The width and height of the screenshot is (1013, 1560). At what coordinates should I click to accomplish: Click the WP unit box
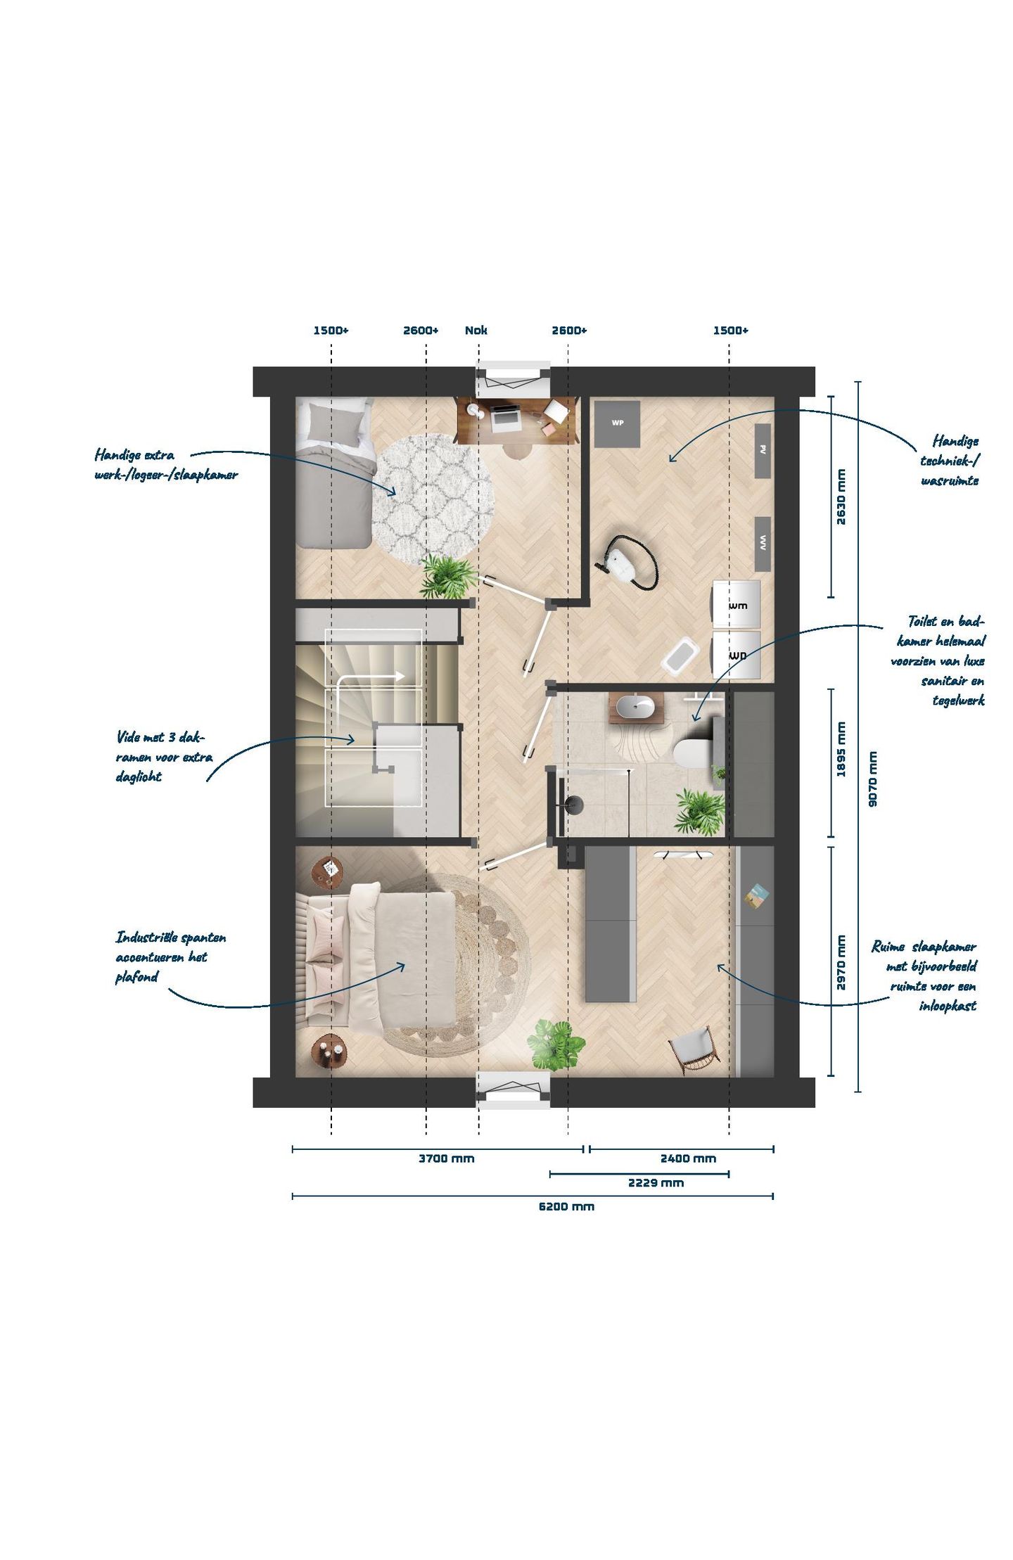[x=617, y=423]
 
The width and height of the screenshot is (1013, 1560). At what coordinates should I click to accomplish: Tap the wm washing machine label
[x=737, y=605]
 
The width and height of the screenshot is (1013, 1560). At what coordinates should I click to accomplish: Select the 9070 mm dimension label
[x=872, y=779]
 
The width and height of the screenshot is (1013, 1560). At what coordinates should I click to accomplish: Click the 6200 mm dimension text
[x=566, y=1206]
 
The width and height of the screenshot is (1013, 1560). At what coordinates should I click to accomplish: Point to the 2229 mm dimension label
[x=656, y=1182]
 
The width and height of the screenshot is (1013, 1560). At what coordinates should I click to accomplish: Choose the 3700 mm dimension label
[x=446, y=1158]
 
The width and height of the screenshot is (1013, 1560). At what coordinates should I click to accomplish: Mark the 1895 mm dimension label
[x=841, y=750]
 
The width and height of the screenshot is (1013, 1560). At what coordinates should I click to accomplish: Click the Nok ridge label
[x=476, y=330]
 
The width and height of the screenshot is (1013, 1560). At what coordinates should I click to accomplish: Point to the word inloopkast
[x=948, y=1006]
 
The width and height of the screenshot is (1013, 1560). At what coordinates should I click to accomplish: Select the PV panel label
[x=763, y=449]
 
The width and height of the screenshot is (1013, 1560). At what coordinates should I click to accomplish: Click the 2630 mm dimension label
[x=841, y=497]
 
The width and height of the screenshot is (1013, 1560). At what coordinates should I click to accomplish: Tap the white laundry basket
[x=680, y=654]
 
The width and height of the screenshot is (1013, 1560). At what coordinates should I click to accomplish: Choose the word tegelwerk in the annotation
[x=958, y=701]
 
